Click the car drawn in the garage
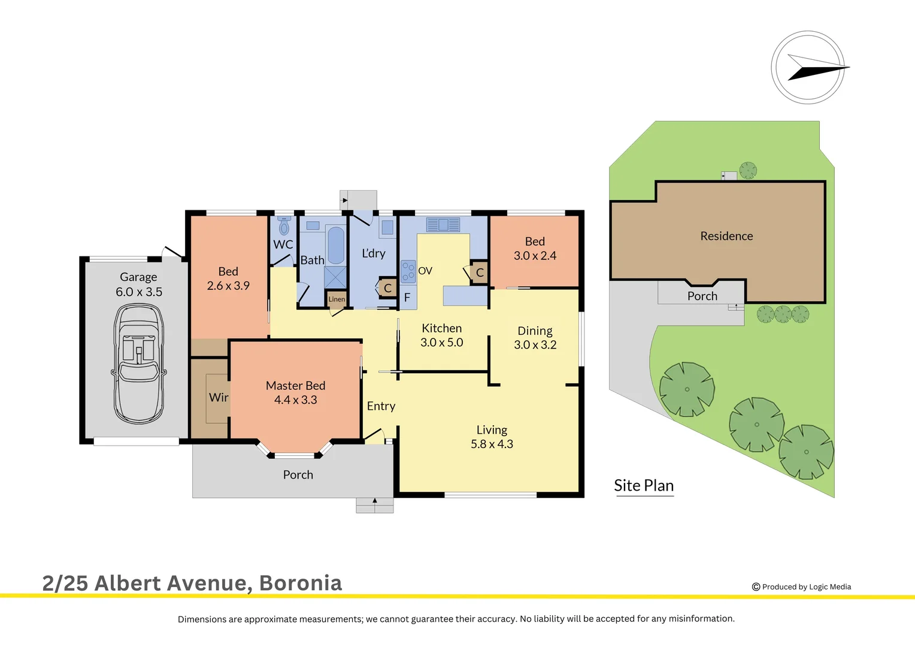pos(138,364)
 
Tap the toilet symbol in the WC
pos(284,226)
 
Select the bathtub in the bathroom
pos(336,245)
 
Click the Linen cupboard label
pos(337,299)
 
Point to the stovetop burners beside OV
pos(408,271)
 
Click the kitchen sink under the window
pos(443,225)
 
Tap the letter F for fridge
pos(407,297)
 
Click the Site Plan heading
pos(644,485)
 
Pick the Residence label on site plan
pos(726,236)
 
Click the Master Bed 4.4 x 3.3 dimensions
pos(296,400)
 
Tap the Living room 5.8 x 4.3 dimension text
pos(492,444)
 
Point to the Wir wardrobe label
pos(219,397)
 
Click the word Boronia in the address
pos(301,583)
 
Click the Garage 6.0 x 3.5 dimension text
pos(139,292)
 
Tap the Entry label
pos(381,406)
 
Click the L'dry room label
pos(374,253)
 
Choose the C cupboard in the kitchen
pos(480,273)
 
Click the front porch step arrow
pos(375,501)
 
